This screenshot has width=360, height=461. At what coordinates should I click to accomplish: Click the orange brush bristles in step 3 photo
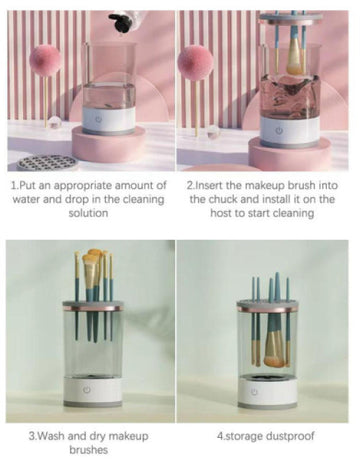(x=96, y=264)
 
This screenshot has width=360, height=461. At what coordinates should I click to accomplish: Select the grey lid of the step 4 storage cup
(x=267, y=303)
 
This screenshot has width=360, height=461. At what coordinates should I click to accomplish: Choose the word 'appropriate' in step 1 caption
(x=101, y=185)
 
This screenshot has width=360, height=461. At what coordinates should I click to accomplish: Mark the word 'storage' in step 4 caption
(x=243, y=436)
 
